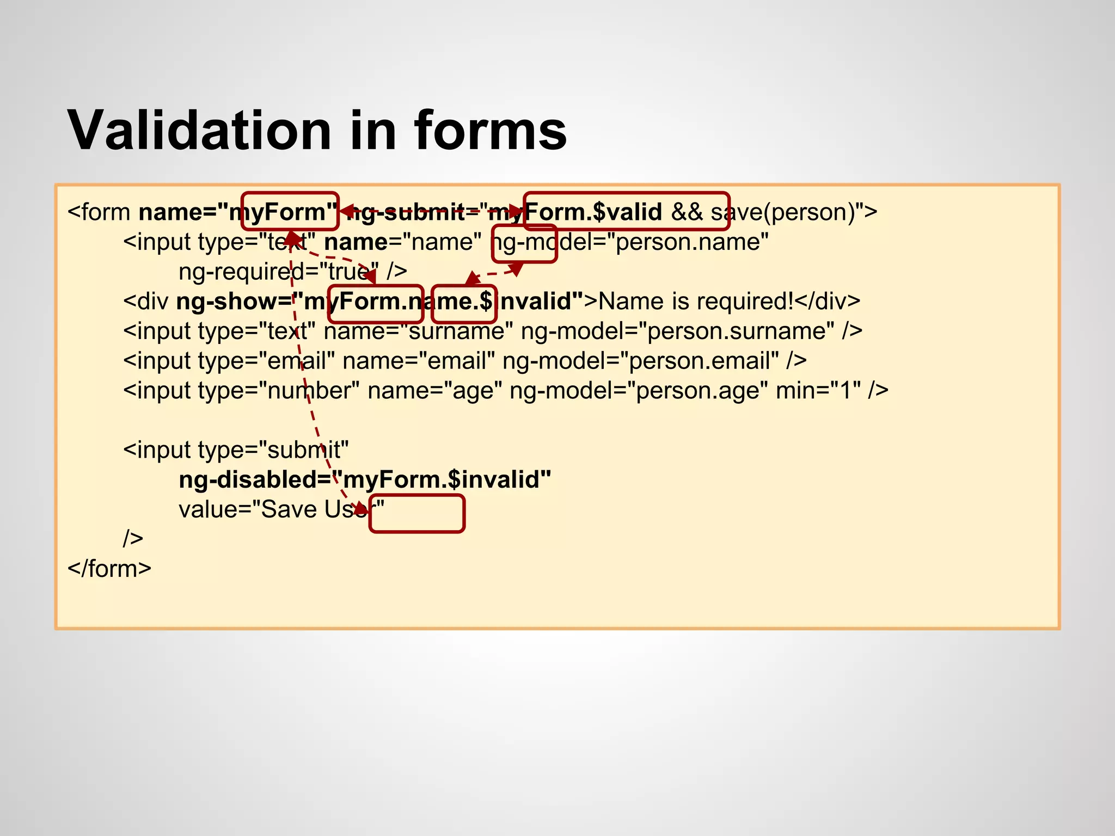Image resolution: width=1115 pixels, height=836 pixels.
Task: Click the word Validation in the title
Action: pos(199,131)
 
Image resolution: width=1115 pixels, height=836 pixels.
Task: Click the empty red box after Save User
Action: pos(417,513)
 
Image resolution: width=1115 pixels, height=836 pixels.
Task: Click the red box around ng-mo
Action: pos(524,243)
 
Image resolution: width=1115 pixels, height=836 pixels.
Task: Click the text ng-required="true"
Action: pos(278,271)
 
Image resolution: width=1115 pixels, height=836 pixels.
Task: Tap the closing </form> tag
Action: pos(109,569)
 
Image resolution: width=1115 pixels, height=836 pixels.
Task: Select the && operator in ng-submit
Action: pos(687,212)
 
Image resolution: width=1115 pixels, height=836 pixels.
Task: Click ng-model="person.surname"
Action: pos(677,331)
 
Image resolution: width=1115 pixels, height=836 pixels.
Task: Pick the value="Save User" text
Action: pos(281,510)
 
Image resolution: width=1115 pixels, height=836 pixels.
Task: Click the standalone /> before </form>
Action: pos(133,539)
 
